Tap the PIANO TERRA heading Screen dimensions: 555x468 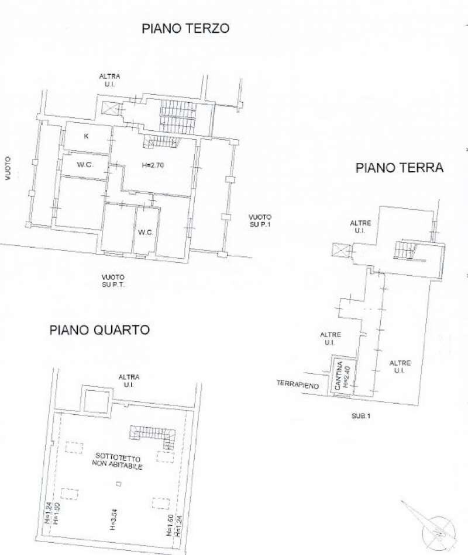pos(400,168)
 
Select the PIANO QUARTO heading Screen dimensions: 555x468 pos(99,330)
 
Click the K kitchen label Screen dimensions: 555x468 pos(87,137)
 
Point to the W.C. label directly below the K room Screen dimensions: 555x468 pos(85,165)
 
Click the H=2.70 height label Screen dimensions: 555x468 pos(153,165)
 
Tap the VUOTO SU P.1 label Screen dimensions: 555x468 pos(259,220)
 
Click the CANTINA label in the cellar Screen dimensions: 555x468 pos(338,377)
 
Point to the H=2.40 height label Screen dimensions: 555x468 pos(346,377)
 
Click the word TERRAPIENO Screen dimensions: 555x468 pos(298,384)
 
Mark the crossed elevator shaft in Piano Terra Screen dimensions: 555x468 pos(339,251)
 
